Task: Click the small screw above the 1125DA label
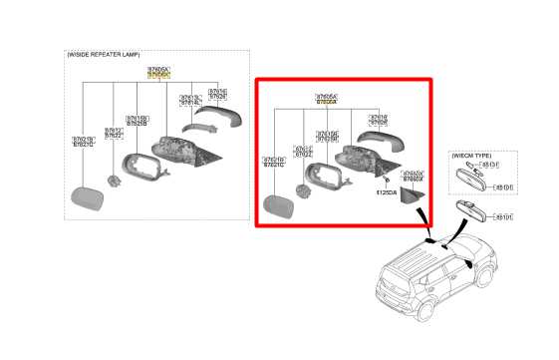pyautogui.click(x=384, y=180)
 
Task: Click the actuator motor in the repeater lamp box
pyautogui.click(x=115, y=180)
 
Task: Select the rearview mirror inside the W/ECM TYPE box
pyautogui.click(x=469, y=180)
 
